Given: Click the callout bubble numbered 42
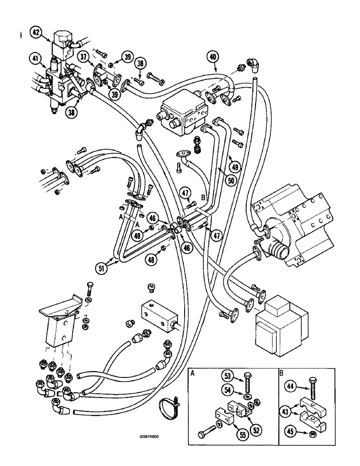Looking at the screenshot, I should (x=36, y=33).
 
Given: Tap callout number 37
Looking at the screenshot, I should (x=84, y=57).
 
